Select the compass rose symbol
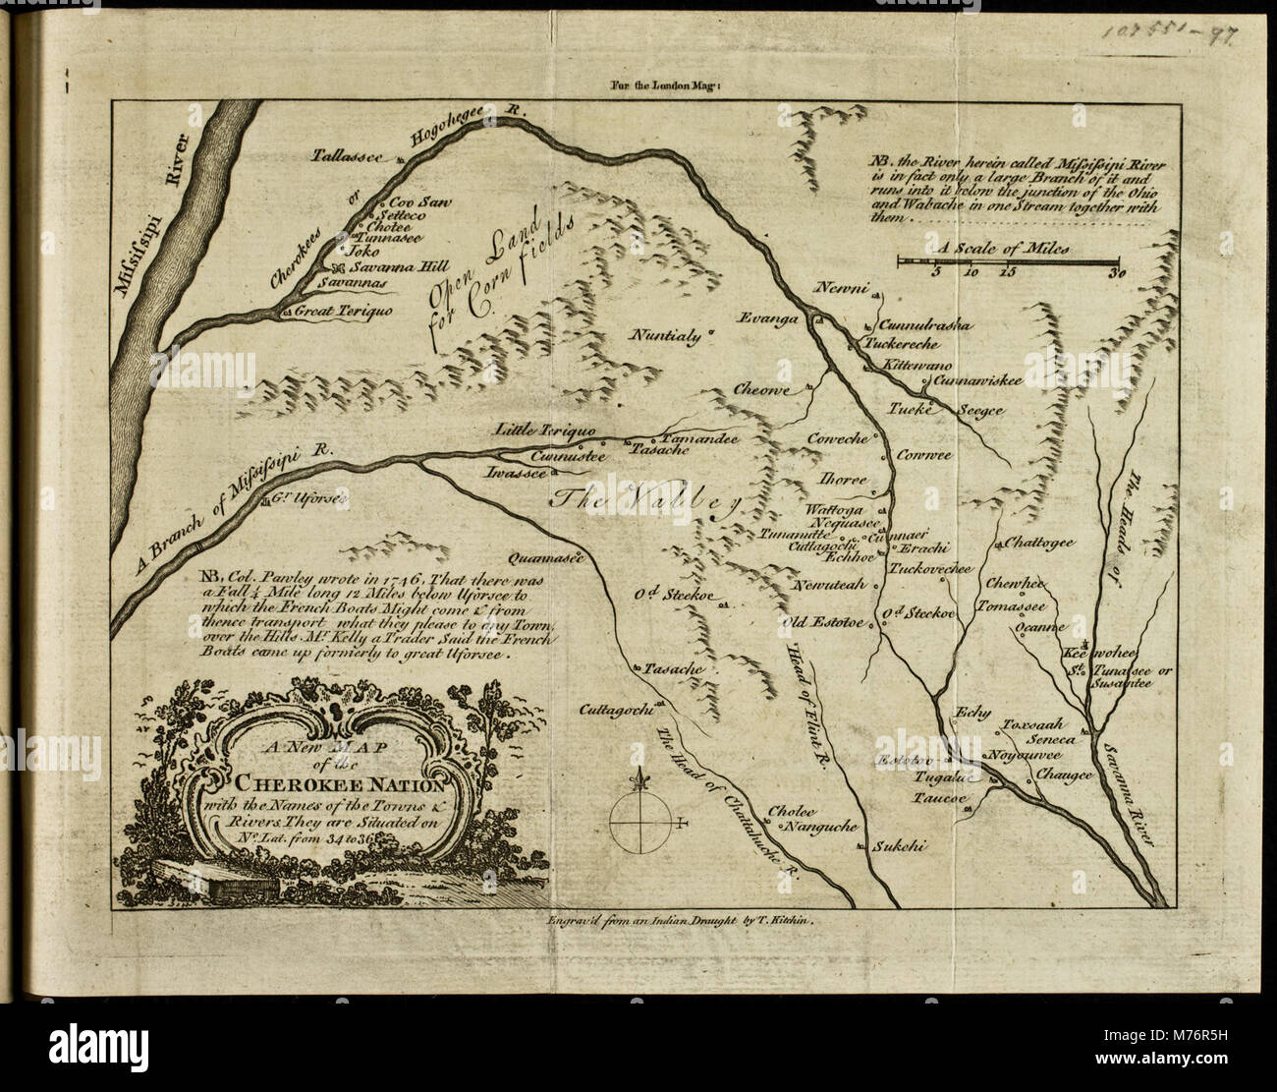[640, 819]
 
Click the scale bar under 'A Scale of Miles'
[1008, 260]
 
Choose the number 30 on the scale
[1116, 274]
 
